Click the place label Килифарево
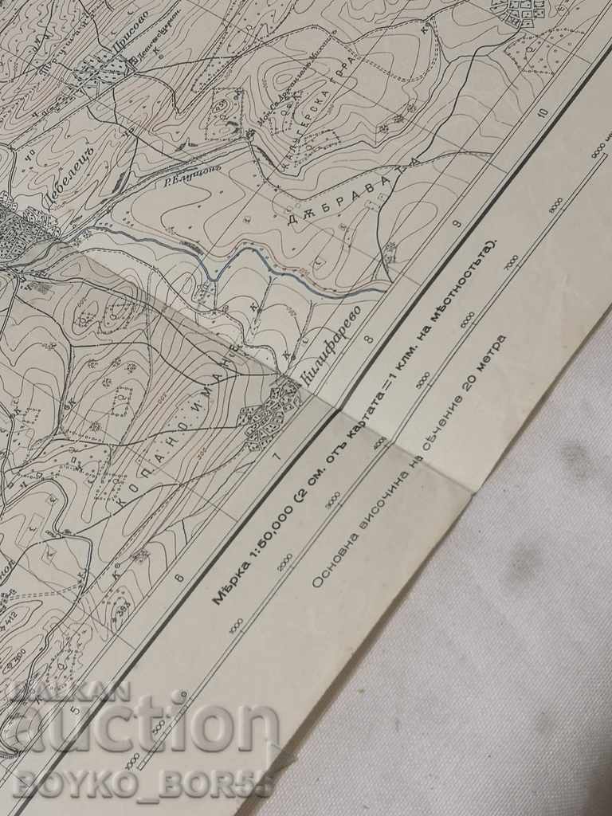pos(332,344)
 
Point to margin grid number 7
pos(277,457)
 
